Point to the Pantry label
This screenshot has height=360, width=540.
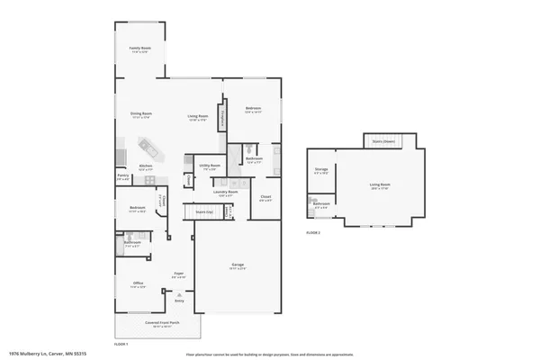(122, 177)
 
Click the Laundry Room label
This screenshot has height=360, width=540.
(225, 193)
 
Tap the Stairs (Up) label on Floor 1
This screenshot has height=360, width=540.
(204, 212)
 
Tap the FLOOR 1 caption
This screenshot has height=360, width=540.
(121, 344)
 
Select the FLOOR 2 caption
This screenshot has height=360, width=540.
(313, 233)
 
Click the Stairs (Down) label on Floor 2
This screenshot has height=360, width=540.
(383, 141)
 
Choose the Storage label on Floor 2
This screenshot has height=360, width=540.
(321, 170)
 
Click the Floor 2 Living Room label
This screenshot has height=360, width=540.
(380, 185)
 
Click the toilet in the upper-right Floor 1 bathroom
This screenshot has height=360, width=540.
(254, 148)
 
